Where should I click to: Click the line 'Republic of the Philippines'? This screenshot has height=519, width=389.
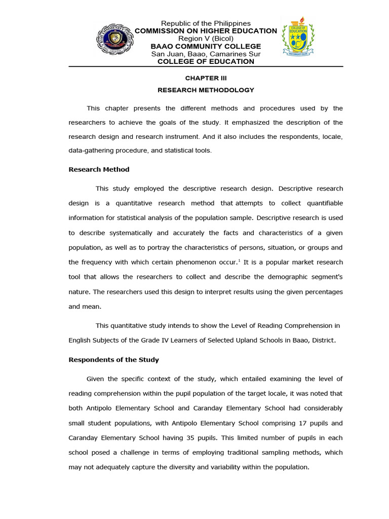click(206, 23)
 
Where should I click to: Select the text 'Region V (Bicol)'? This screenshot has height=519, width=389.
click(206, 39)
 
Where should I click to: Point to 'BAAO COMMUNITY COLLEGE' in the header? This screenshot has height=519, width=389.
click(206, 46)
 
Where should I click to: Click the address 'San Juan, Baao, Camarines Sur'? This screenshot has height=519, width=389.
click(206, 54)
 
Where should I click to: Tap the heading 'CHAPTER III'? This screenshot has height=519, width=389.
click(206, 79)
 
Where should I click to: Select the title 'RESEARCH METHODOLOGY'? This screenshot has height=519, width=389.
click(206, 90)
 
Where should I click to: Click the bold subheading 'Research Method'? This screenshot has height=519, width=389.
click(99, 170)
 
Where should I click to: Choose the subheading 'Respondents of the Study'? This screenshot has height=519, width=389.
click(113, 360)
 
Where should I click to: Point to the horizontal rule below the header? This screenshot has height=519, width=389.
click(206, 67)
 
